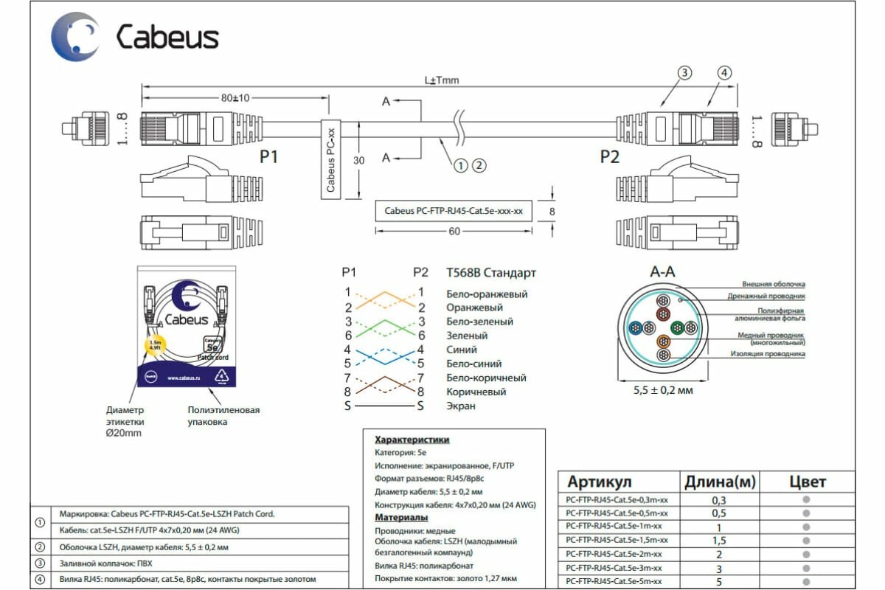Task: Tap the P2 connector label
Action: tap(610, 156)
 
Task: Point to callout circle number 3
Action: tap(685, 72)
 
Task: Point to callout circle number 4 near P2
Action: tap(725, 72)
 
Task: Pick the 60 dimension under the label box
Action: tap(454, 232)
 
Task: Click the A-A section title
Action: tap(662, 273)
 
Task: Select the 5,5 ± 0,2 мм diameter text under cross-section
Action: tap(663, 390)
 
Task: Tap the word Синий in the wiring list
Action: tap(462, 350)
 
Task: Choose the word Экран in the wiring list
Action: tap(461, 406)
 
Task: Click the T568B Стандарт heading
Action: tap(491, 273)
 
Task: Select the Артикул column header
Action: tap(599, 482)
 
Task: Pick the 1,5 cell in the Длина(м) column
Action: tap(720, 541)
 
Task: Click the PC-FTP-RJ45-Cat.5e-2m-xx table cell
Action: tap(614, 554)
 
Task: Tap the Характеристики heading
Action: tap(412, 440)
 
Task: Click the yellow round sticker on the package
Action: tap(156, 344)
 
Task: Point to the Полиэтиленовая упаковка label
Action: tap(223, 415)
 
